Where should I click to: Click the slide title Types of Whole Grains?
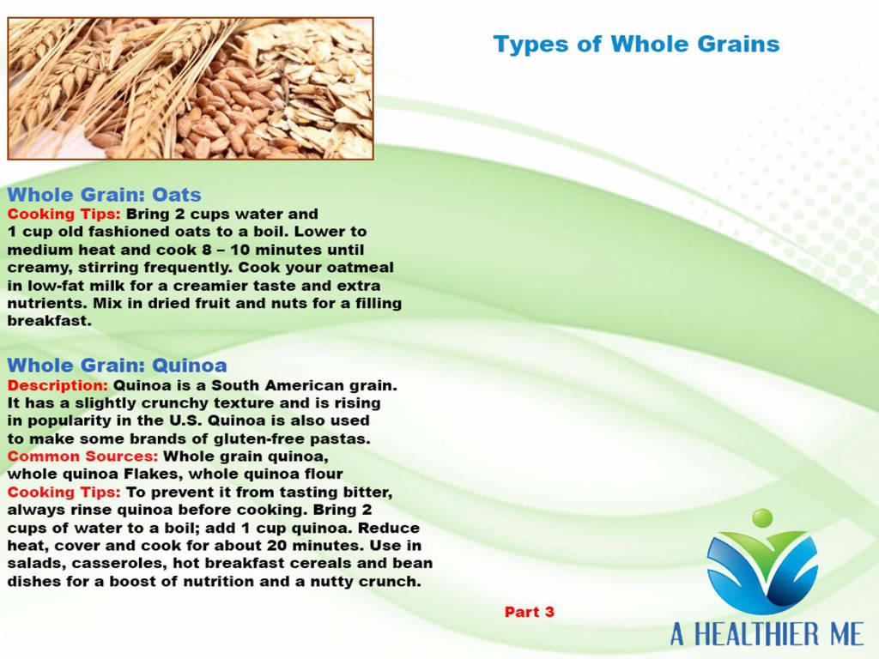tap(636, 45)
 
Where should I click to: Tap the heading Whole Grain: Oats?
tap(104, 195)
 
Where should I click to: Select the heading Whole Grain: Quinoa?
tap(117, 366)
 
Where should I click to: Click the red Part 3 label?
tap(529, 612)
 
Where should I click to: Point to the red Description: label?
tap(58, 385)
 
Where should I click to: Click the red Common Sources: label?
tap(83, 456)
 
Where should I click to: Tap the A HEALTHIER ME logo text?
tap(767, 634)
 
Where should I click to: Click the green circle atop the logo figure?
tap(762, 517)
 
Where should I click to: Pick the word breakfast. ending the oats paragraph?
tap(49, 321)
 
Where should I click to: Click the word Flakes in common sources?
tap(154, 474)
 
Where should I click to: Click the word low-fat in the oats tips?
tap(56, 286)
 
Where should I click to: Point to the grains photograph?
tap(191, 88)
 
